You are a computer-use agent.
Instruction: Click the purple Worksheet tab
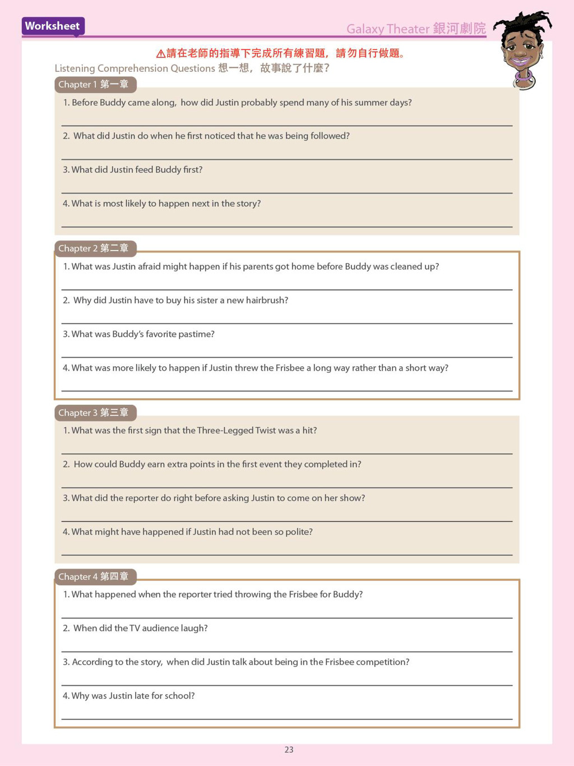tap(52, 26)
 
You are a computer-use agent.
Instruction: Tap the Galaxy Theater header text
tap(415, 29)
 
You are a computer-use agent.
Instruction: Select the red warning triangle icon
tap(160, 54)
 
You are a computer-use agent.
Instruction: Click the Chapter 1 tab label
tap(94, 85)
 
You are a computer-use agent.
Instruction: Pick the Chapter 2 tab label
tap(94, 248)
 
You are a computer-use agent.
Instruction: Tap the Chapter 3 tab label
tap(94, 413)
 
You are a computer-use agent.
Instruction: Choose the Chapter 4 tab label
tap(94, 576)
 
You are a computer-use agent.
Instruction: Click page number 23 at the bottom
tap(289, 750)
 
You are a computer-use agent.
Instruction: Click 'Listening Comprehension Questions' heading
tap(135, 68)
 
